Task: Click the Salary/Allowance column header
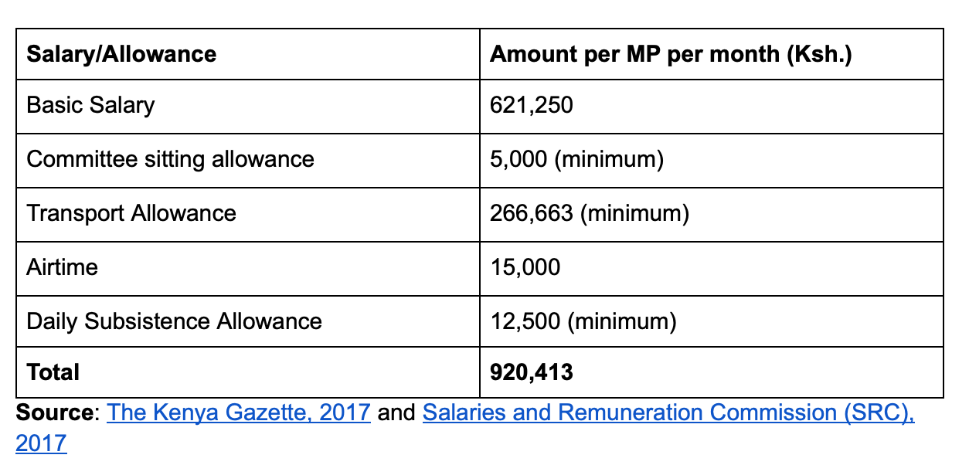point(121,54)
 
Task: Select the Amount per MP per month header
point(671,54)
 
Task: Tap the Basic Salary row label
point(90,105)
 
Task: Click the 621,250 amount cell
point(532,105)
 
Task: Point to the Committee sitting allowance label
point(170,159)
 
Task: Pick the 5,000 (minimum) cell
point(576,159)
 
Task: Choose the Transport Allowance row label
point(131,213)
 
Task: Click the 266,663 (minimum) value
point(589,213)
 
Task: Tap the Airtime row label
point(63,267)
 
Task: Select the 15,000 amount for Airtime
point(525,267)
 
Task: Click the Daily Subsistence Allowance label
point(174,321)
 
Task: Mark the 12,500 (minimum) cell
point(583,321)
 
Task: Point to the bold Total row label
point(53,372)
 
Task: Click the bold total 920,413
point(532,372)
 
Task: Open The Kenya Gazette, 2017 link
point(239,412)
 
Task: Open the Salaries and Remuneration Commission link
point(668,412)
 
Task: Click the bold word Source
point(54,412)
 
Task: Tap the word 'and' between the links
point(396,412)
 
